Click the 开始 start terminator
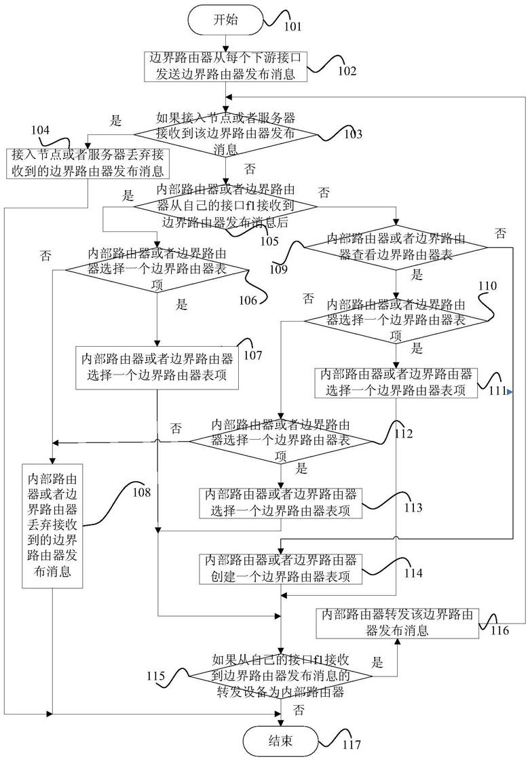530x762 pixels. click(x=225, y=20)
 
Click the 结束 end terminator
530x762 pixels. click(x=281, y=740)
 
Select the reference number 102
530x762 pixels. click(x=347, y=71)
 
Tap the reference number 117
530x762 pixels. click(x=352, y=744)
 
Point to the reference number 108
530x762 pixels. click(x=142, y=493)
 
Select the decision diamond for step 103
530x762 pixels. click(x=225, y=134)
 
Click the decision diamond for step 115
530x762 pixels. click(x=281, y=676)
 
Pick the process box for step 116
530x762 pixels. click(x=397, y=623)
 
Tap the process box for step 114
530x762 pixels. click(x=281, y=569)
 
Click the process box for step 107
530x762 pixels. click(x=157, y=367)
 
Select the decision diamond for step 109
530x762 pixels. click(x=396, y=248)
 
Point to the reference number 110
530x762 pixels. click(x=488, y=286)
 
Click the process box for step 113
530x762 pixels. click(x=281, y=503)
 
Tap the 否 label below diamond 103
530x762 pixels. click(x=250, y=169)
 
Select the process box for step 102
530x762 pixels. click(x=225, y=66)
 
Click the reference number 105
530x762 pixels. click(x=269, y=242)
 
